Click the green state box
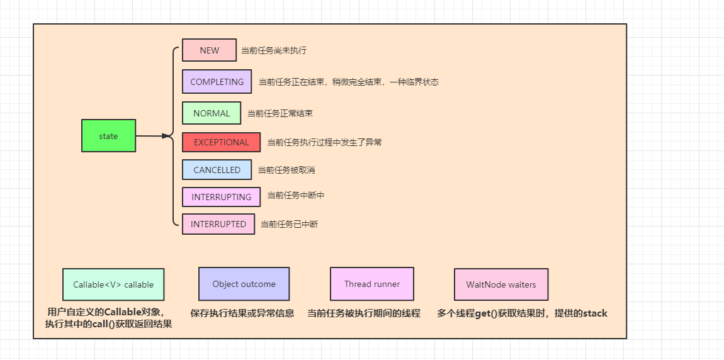click(x=108, y=135)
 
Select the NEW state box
click(x=209, y=50)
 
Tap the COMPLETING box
click(x=217, y=82)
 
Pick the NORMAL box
click(x=212, y=113)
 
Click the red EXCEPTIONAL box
click(x=221, y=142)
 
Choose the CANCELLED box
click(x=217, y=170)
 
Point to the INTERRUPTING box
click(x=221, y=197)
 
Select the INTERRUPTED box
click(x=218, y=224)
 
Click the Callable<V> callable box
click(x=113, y=284)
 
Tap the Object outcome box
click(x=244, y=284)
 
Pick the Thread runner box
click(x=372, y=284)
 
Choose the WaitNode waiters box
click(x=501, y=284)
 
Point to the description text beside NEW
click(x=274, y=50)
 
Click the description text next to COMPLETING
click(x=348, y=82)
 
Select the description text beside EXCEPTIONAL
click(x=324, y=142)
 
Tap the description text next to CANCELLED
click(x=286, y=170)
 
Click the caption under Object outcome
click(x=242, y=313)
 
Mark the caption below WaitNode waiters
click(x=522, y=313)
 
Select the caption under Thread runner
click(x=364, y=313)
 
